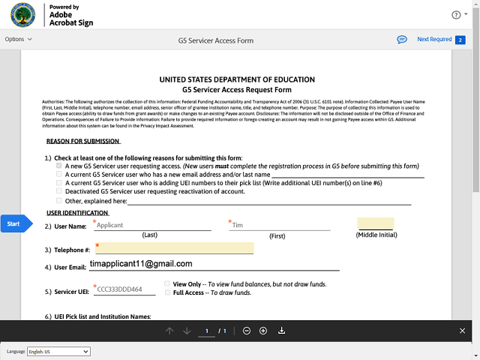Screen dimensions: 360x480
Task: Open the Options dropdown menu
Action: pyautogui.click(x=19, y=39)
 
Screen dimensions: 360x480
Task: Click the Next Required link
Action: pyautogui.click(x=434, y=40)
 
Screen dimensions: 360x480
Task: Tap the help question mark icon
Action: pyautogui.click(x=455, y=14)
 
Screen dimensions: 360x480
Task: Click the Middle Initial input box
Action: pyautogui.click(x=376, y=223)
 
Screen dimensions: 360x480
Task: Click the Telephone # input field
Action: pyautogui.click(x=174, y=248)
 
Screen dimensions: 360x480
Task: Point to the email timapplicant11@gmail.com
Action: pyautogui.click(x=141, y=264)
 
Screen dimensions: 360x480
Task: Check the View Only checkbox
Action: pyautogui.click(x=166, y=284)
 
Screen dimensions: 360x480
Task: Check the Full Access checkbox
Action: pyautogui.click(x=166, y=292)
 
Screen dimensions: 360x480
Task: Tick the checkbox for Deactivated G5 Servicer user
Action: pyautogui.click(x=59, y=191)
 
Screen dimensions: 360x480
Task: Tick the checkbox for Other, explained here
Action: pyautogui.click(x=59, y=200)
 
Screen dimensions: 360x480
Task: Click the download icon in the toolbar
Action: pyautogui.click(x=281, y=331)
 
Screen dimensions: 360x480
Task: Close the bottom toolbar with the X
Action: pyautogui.click(x=462, y=331)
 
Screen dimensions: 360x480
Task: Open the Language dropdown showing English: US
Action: pyautogui.click(x=58, y=352)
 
